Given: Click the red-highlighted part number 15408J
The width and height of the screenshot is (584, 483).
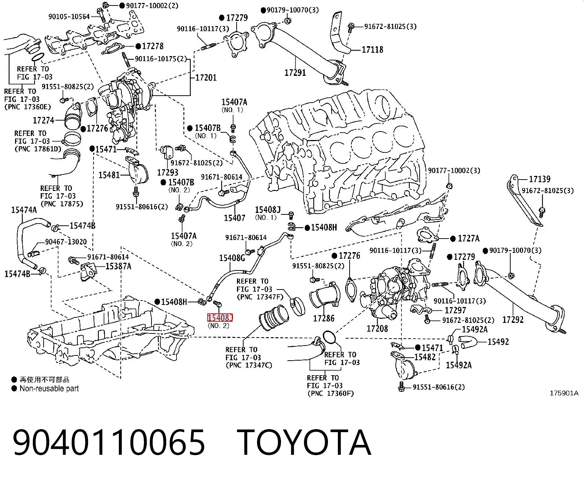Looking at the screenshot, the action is click(x=220, y=318).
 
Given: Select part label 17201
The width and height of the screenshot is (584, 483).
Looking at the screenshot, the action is click(x=206, y=77).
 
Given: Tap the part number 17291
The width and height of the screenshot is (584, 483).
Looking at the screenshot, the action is click(x=295, y=73).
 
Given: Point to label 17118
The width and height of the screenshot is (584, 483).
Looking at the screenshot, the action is click(x=373, y=50).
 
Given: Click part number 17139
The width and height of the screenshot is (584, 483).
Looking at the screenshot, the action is click(x=540, y=179).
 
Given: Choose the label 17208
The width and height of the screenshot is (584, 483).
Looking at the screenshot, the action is click(x=377, y=328).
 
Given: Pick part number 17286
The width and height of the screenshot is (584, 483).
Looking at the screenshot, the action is click(x=324, y=318).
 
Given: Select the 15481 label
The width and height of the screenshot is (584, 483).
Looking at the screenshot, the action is click(x=109, y=175).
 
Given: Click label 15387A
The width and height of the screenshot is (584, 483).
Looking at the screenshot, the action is click(x=118, y=266).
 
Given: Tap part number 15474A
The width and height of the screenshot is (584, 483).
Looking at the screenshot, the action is click(x=24, y=210).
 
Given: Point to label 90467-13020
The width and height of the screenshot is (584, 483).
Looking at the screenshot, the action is click(x=66, y=241).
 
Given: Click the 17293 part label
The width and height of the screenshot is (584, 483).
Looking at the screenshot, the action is click(x=168, y=172).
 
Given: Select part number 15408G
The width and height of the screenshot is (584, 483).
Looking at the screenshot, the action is click(x=232, y=258).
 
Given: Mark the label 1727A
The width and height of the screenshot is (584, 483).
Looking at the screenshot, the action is click(x=468, y=239).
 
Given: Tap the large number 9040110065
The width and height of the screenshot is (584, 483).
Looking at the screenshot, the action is click(x=109, y=443).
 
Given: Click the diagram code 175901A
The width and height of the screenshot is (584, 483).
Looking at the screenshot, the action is click(x=564, y=393).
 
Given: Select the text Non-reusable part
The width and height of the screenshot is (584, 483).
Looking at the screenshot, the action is click(x=49, y=388).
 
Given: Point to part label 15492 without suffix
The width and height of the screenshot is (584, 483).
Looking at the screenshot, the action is click(x=498, y=342).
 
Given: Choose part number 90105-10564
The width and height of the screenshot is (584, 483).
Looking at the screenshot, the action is click(x=69, y=17).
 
